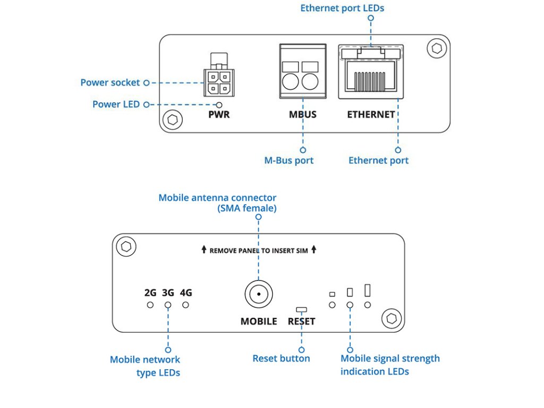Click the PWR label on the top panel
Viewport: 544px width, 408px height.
(x=219, y=114)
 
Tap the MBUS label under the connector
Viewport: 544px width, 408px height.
(x=303, y=114)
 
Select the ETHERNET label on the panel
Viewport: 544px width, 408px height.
(x=371, y=114)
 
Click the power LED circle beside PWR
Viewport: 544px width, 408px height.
(x=218, y=105)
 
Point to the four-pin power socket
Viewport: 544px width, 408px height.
(x=217, y=82)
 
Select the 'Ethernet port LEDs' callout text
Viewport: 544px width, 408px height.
(x=342, y=8)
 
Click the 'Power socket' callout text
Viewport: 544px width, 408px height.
(x=110, y=83)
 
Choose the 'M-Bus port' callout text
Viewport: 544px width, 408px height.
(x=289, y=160)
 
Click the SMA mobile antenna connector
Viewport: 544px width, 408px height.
(x=259, y=294)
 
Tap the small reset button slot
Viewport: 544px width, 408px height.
(x=302, y=309)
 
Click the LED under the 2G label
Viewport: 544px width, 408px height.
(x=150, y=305)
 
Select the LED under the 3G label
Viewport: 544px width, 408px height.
(x=168, y=305)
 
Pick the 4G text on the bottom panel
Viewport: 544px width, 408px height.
(x=186, y=292)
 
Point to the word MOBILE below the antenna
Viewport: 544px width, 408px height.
(x=259, y=321)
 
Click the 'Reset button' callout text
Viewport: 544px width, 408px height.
(x=281, y=359)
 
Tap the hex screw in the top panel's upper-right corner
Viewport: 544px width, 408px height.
(x=437, y=48)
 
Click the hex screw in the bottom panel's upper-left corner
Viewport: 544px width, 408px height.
(x=126, y=247)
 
